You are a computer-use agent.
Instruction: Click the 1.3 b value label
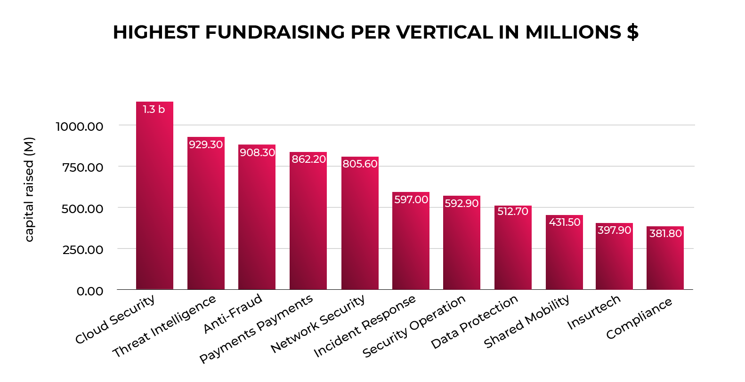(x=154, y=110)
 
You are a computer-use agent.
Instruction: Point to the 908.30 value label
(x=257, y=152)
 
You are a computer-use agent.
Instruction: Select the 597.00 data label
(x=411, y=200)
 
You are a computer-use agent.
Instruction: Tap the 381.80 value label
(x=665, y=234)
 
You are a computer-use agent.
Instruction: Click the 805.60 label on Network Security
(x=360, y=164)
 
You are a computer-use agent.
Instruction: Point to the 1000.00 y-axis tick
(x=80, y=127)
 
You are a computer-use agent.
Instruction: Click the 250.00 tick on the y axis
(x=83, y=250)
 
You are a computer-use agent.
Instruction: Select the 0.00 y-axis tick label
(x=90, y=291)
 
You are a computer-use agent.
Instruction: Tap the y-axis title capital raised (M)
(x=29, y=190)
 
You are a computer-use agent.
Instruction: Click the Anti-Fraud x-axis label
(x=233, y=313)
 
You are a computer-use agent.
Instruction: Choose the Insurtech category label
(x=594, y=312)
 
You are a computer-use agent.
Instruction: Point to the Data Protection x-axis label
(x=474, y=322)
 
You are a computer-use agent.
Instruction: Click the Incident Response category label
(x=364, y=326)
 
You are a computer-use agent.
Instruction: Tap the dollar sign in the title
(x=632, y=32)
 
